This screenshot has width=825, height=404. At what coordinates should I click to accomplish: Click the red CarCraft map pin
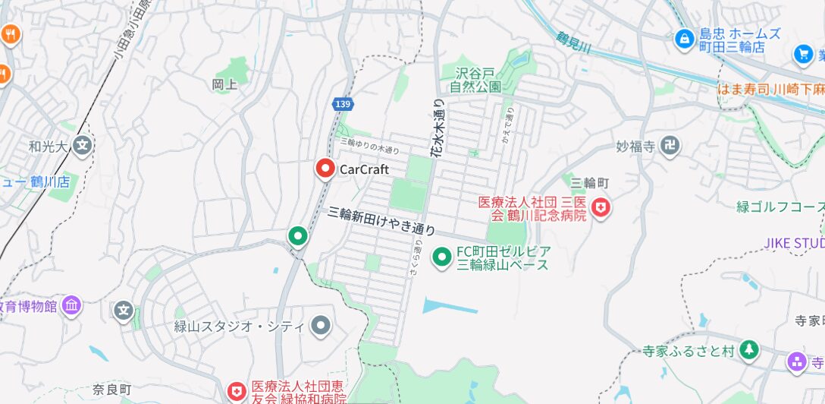click(x=325, y=169)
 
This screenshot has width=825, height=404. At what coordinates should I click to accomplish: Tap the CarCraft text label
click(x=364, y=169)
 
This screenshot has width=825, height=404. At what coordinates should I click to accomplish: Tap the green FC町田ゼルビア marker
click(x=441, y=257)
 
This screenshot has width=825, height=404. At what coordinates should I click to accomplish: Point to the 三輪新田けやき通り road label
click(x=381, y=221)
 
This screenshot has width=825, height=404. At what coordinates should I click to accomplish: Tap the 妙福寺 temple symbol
click(x=670, y=146)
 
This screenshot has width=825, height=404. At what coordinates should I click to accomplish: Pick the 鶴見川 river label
click(x=573, y=43)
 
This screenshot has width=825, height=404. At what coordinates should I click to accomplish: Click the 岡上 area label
click(x=224, y=84)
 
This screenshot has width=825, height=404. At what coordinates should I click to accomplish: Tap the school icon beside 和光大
click(x=83, y=145)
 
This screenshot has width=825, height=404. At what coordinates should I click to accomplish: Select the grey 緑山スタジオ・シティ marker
click(x=322, y=327)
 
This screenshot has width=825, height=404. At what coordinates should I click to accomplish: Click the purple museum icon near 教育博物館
click(x=72, y=305)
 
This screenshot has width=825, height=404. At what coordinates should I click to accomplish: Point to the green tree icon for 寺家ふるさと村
click(x=749, y=349)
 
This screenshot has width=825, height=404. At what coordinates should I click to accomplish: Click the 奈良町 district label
click(x=112, y=388)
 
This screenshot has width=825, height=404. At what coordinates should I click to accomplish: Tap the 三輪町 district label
click(x=590, y=182)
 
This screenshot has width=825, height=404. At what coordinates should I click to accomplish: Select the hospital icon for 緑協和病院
click(x=237, y=391)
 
